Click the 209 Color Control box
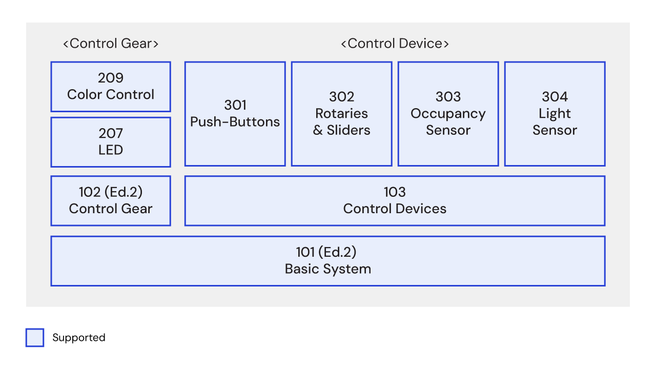(x=111, y=87)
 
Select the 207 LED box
(x=111, y=142)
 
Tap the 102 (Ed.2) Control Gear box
(x=111, y=200)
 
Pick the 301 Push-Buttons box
(x=235, y=114)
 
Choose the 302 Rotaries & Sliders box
(x=341, y=114)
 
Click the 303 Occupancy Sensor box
(x=448, y=114)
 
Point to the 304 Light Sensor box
(x=555, y=114)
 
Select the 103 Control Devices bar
(x=395, y=200)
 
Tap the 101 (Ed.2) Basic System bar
(x=328, y=260)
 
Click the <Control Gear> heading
(x=111, y=44)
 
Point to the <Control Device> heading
(x=395, y=44)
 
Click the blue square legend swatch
(x=35, y=338)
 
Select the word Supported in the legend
(x=79, y=338)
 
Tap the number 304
(x=555, y=97)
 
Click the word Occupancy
(x=448, y=113)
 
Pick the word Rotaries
(x=341, y=113)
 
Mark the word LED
(x=111, y=150)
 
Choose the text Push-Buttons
(x=235, y=122)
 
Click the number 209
(x=111, y=78)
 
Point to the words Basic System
(x=328, y=269)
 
